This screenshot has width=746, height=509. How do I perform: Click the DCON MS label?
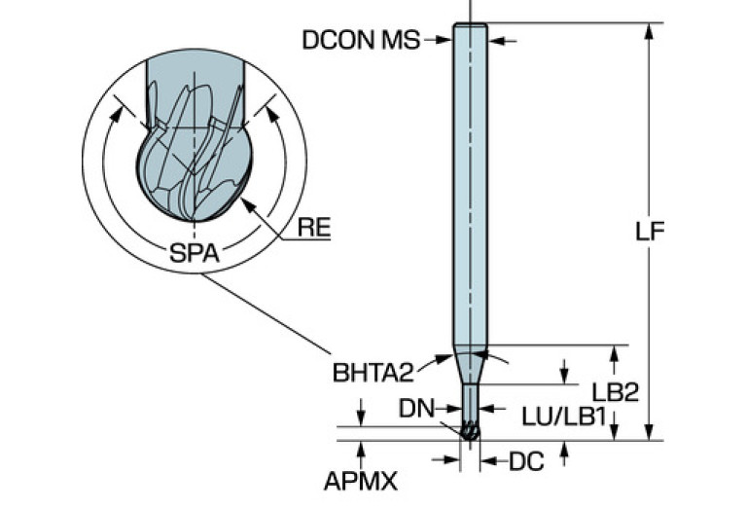361,40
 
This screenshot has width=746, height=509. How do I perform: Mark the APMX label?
360,481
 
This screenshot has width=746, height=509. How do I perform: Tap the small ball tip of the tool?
470,432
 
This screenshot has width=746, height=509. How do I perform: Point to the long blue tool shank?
470,195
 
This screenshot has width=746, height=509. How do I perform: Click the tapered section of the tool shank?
470,363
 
